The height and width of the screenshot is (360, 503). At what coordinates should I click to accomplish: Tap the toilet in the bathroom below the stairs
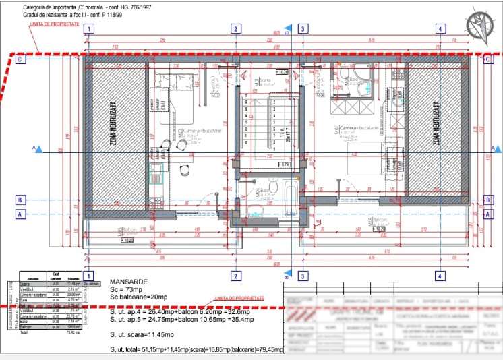[x=272, y=187]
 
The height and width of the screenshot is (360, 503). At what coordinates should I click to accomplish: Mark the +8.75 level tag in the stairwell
[x=285, y=164]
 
